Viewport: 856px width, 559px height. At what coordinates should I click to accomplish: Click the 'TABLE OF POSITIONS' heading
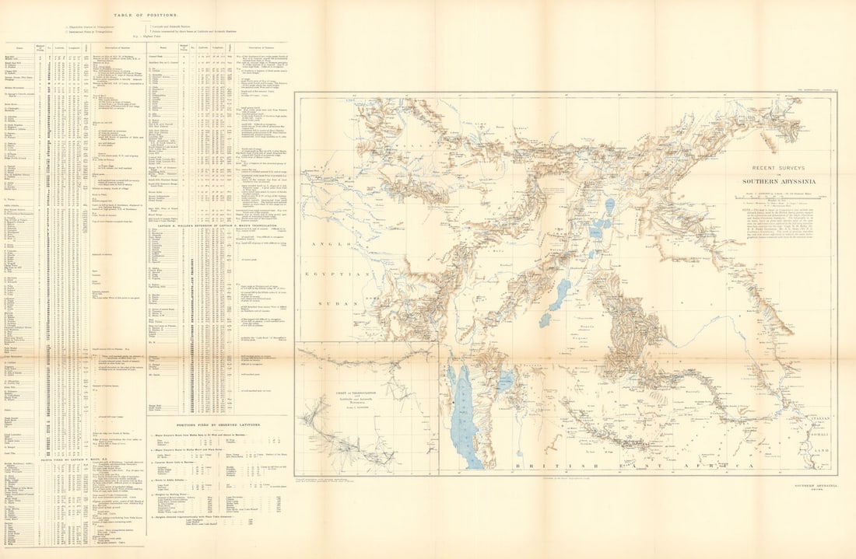pos(145,15)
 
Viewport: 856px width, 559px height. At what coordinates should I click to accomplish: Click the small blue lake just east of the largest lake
pos(507,380)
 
